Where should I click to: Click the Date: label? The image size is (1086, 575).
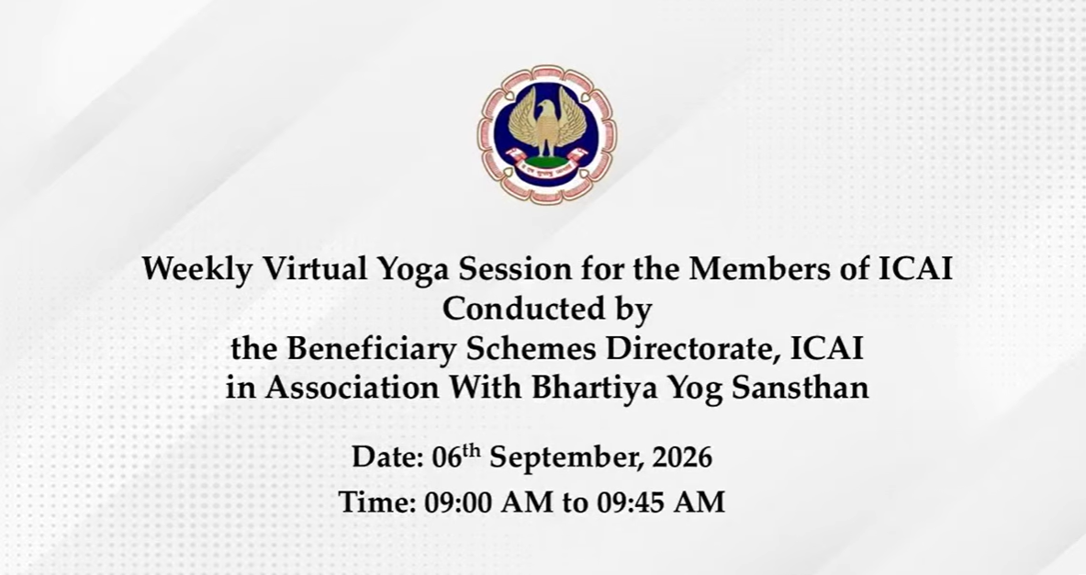coord(387,458)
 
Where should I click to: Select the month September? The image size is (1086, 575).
coord(566,459)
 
